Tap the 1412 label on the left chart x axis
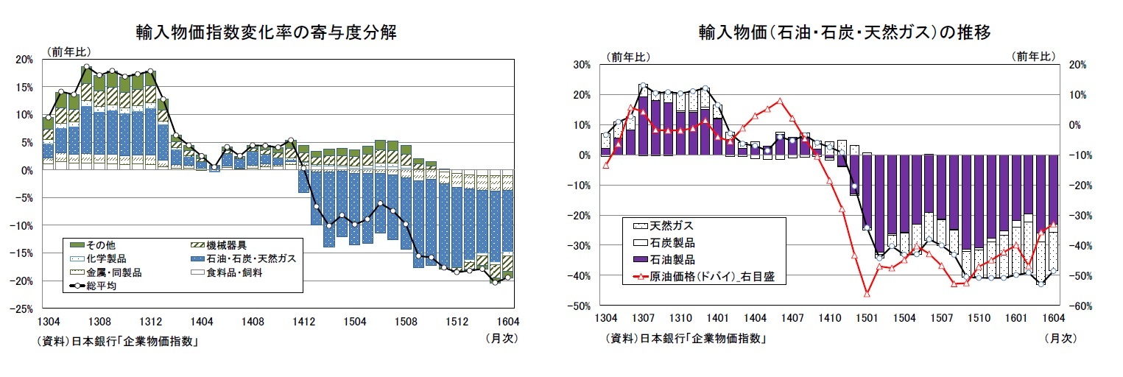(304, 322)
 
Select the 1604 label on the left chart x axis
(508, 322)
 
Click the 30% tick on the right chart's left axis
(582, 65)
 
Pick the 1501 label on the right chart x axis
(867, 318)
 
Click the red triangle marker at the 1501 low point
(867, 294)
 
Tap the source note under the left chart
(118, 341)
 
